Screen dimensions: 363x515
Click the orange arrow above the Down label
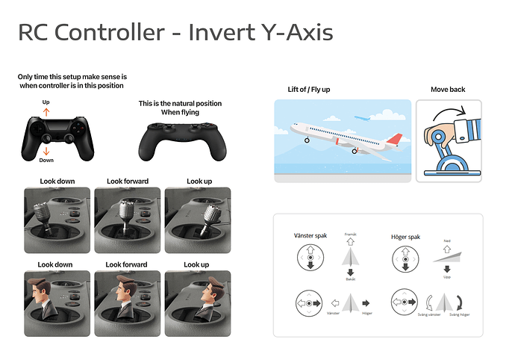pyautogui.click(x=46, y=150)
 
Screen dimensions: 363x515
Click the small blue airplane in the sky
pyautogui.click(x=363, y=117)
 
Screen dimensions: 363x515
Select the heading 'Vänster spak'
pyautogui.click(x=309, y=237)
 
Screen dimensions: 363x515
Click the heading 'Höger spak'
pyautogui.click(x=405, y=237)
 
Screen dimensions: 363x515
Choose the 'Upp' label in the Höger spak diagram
pyautogui.click(x=447, y=276)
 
